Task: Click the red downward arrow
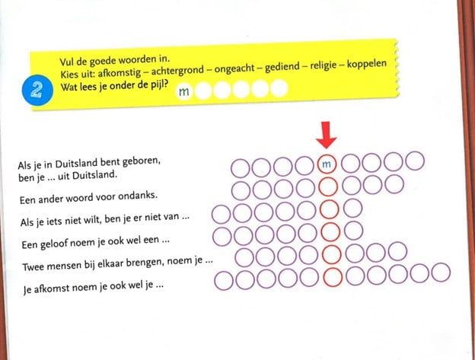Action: point(326,135)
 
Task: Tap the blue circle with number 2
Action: point(37,91)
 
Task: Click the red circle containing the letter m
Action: point(327,164)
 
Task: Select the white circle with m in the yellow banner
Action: point(184,91)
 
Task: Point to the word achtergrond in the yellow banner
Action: point(177,71)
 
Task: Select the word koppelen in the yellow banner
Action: point(367,64)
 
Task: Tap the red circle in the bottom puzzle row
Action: point(333,277)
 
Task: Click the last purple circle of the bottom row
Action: point(441,272)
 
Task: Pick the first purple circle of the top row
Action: point(241,168)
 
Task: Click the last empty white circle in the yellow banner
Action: point(279,88)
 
